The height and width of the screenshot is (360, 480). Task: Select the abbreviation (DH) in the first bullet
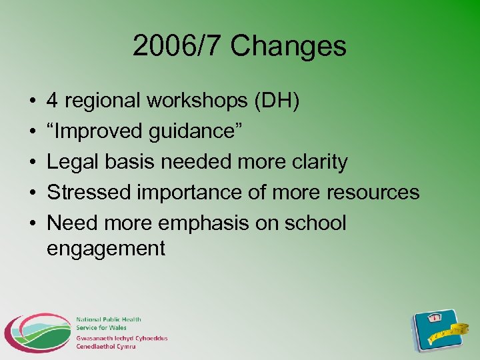click(276, 101)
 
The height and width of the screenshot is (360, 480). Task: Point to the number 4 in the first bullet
click(52, 101)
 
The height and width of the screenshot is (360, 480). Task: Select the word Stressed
click(89, 193)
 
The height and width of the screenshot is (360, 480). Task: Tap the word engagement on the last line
click(106, 249)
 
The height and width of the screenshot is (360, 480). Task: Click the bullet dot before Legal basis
click(33, 162)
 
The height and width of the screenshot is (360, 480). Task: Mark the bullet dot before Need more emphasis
click(33, 223)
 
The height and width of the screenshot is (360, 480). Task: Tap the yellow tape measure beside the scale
click(460, 329)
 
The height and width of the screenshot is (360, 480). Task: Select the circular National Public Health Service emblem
click(37, 333)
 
